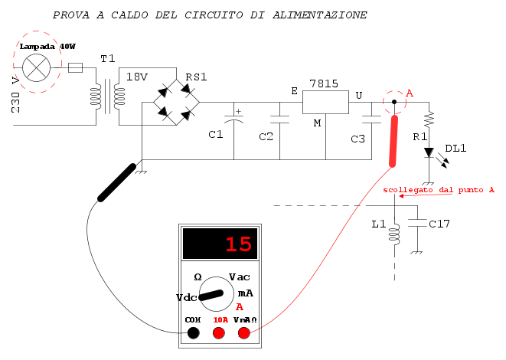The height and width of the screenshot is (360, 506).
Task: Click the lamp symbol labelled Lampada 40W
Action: (35, 68)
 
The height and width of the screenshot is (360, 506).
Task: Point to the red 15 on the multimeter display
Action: (237, 245)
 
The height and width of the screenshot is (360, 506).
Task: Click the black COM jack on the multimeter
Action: (194, 332)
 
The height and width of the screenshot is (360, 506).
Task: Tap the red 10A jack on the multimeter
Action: (218, 332)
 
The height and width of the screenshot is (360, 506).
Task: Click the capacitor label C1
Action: (216, 135)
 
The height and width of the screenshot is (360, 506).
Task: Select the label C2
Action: (266, 136)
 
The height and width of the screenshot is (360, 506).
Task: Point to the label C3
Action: (357, 139)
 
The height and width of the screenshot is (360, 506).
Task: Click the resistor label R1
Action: (419, 136)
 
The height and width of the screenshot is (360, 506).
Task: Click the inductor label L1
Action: (378, 225)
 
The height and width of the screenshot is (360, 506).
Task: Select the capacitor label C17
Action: (439, 224)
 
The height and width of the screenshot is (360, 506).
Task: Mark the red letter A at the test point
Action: (410, 93)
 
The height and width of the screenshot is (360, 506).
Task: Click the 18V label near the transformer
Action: (137, 77)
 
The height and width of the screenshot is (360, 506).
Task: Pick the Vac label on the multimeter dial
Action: (239, 277)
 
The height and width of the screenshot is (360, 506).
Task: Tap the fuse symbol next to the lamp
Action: (76, 68)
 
